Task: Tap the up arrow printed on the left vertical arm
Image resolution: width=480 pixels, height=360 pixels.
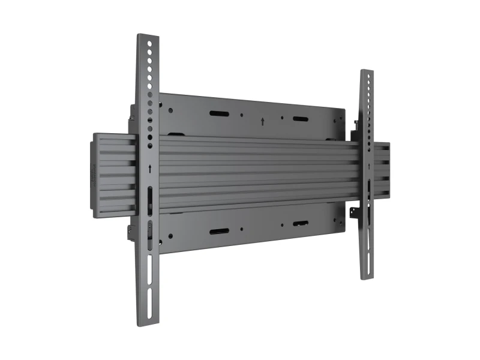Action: [x=149, y=170]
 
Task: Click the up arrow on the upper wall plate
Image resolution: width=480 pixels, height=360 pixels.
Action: [x=263, y=121]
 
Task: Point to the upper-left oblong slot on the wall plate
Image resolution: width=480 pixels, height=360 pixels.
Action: [x=217, y=113]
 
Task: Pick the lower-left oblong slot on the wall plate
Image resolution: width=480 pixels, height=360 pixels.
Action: [x=217, y=232]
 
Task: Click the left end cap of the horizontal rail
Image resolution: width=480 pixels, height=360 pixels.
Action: [x=95, y=175]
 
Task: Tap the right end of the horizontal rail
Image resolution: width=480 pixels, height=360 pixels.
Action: [x=384, y=170]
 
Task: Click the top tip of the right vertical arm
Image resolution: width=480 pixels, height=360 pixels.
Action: [x=367, y=72]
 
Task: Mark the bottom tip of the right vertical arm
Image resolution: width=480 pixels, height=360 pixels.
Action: [x=368, y=277]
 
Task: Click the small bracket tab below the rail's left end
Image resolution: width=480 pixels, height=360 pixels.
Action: [x=130, y=232]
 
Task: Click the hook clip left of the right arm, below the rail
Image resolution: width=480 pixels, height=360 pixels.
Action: [x=356, y=211]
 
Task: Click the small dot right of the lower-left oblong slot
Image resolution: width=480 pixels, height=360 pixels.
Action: [x=241, y=229]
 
